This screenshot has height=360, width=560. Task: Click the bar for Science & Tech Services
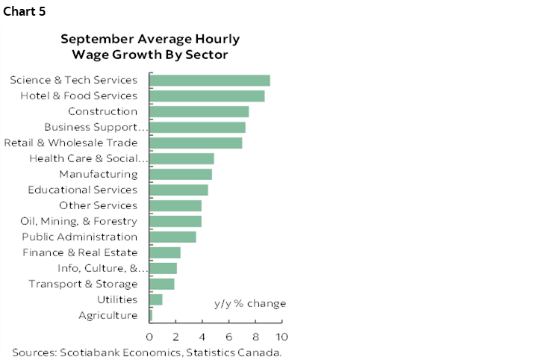(x=210, y=80)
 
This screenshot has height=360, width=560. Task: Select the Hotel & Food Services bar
(x=207, y=96)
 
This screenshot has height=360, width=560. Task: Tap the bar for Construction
(x=199, y=111)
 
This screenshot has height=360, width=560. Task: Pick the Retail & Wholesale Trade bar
(x=196, y=143)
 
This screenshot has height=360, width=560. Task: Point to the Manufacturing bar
(x=181, y=174)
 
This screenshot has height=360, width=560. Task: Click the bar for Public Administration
(x=173, y=237)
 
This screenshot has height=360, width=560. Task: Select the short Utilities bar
(x=156, y=300)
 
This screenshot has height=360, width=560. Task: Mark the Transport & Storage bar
(x=162, y=284)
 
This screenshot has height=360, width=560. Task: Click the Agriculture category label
(x=108, y=315)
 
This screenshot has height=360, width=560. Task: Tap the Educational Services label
(x=82, y=190)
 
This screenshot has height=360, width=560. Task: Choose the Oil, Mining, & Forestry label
(x=78, y=221)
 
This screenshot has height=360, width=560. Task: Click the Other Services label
(x=98, y=205)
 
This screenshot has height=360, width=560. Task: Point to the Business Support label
(x=96, y=127)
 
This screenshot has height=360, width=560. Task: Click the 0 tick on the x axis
(x=150, y=336)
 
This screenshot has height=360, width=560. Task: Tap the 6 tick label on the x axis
(x=229, y=336)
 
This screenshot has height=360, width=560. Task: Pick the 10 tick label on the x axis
(x=281, y=336)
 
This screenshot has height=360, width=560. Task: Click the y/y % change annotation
(x=250, y=303)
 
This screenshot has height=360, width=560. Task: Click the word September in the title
(x=94, y=39)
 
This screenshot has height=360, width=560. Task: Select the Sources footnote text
(x=146, y=352)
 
